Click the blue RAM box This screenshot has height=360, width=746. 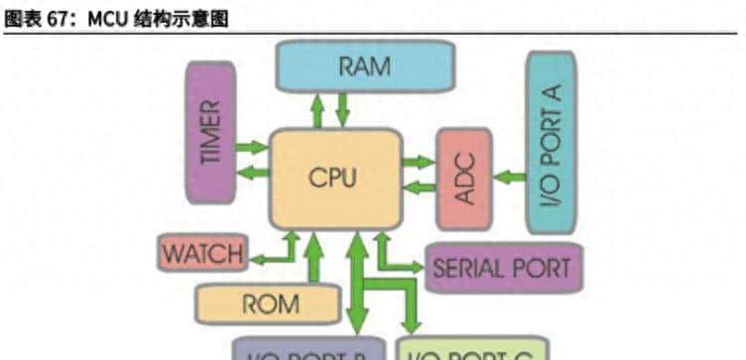(364, 65)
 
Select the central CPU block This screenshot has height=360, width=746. (335, 179)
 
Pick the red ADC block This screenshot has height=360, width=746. (464, 180)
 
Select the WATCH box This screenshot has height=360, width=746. (202, 254)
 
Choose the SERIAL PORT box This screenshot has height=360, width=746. (502, 268)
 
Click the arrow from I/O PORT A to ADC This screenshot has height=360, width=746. (509, 179)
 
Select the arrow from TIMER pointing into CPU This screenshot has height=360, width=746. (253, 147)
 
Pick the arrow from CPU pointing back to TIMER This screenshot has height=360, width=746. (253, 173)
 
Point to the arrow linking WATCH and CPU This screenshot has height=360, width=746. (274, 254)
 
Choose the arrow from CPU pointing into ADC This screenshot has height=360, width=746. (419, 162)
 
